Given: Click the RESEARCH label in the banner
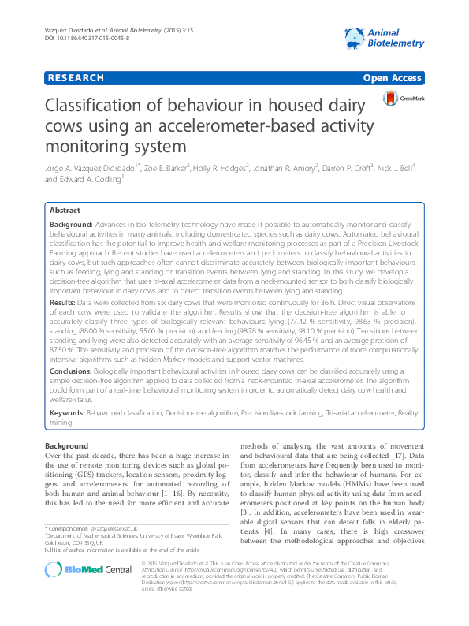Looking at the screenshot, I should coord(76,78).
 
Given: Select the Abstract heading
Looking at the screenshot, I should coord(65,211).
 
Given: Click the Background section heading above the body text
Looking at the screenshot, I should coord(67,446).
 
